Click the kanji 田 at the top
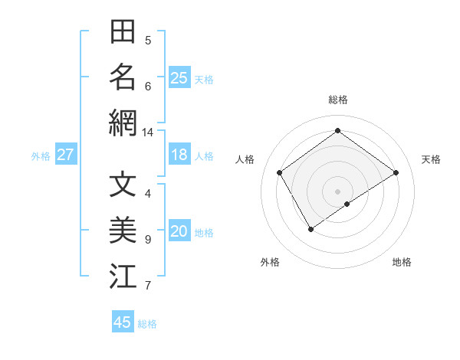pos(123,33)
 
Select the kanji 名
pos(123,77)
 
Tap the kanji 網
pos(123,123)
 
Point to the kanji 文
pos(123,185)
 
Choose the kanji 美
pos(123,231)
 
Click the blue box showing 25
pos(179,78)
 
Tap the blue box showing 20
pos(179,232)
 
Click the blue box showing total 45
pos(123,322)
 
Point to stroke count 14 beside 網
pos(148,133)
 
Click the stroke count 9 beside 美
pos(148,240)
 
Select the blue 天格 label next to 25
pos(204,79)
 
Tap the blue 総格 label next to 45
pos(147,324)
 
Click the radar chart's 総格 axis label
pos(337,100)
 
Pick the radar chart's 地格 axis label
pos(402,262)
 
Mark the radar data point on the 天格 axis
pos(396,172)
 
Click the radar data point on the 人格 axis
pos(280,172)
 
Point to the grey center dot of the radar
pos(337,191)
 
